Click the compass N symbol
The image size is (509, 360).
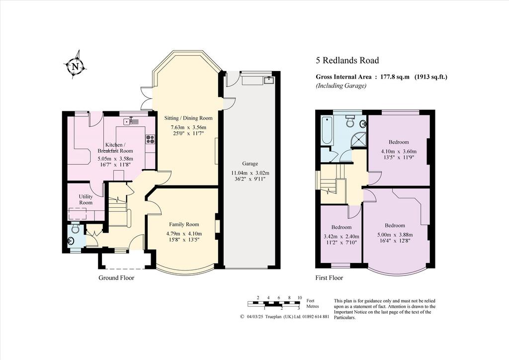[x=76, y=66]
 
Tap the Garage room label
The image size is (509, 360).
[x=250, y=164]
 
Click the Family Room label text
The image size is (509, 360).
[x=184, y=224]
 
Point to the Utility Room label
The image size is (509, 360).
[x=86, y=199]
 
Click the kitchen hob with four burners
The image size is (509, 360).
[x=150, y=139]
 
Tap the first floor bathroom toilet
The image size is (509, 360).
[x=350, y=121]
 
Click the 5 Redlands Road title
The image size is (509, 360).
[x=347, y=60]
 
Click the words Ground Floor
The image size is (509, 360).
[x=116, y=278]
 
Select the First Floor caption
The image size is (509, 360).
[x=329, y=278]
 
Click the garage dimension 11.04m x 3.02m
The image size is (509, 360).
[x=250, y=173]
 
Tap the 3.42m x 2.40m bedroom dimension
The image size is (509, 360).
[x=341, y=236]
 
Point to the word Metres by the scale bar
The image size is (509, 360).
[x=313, y=306]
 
